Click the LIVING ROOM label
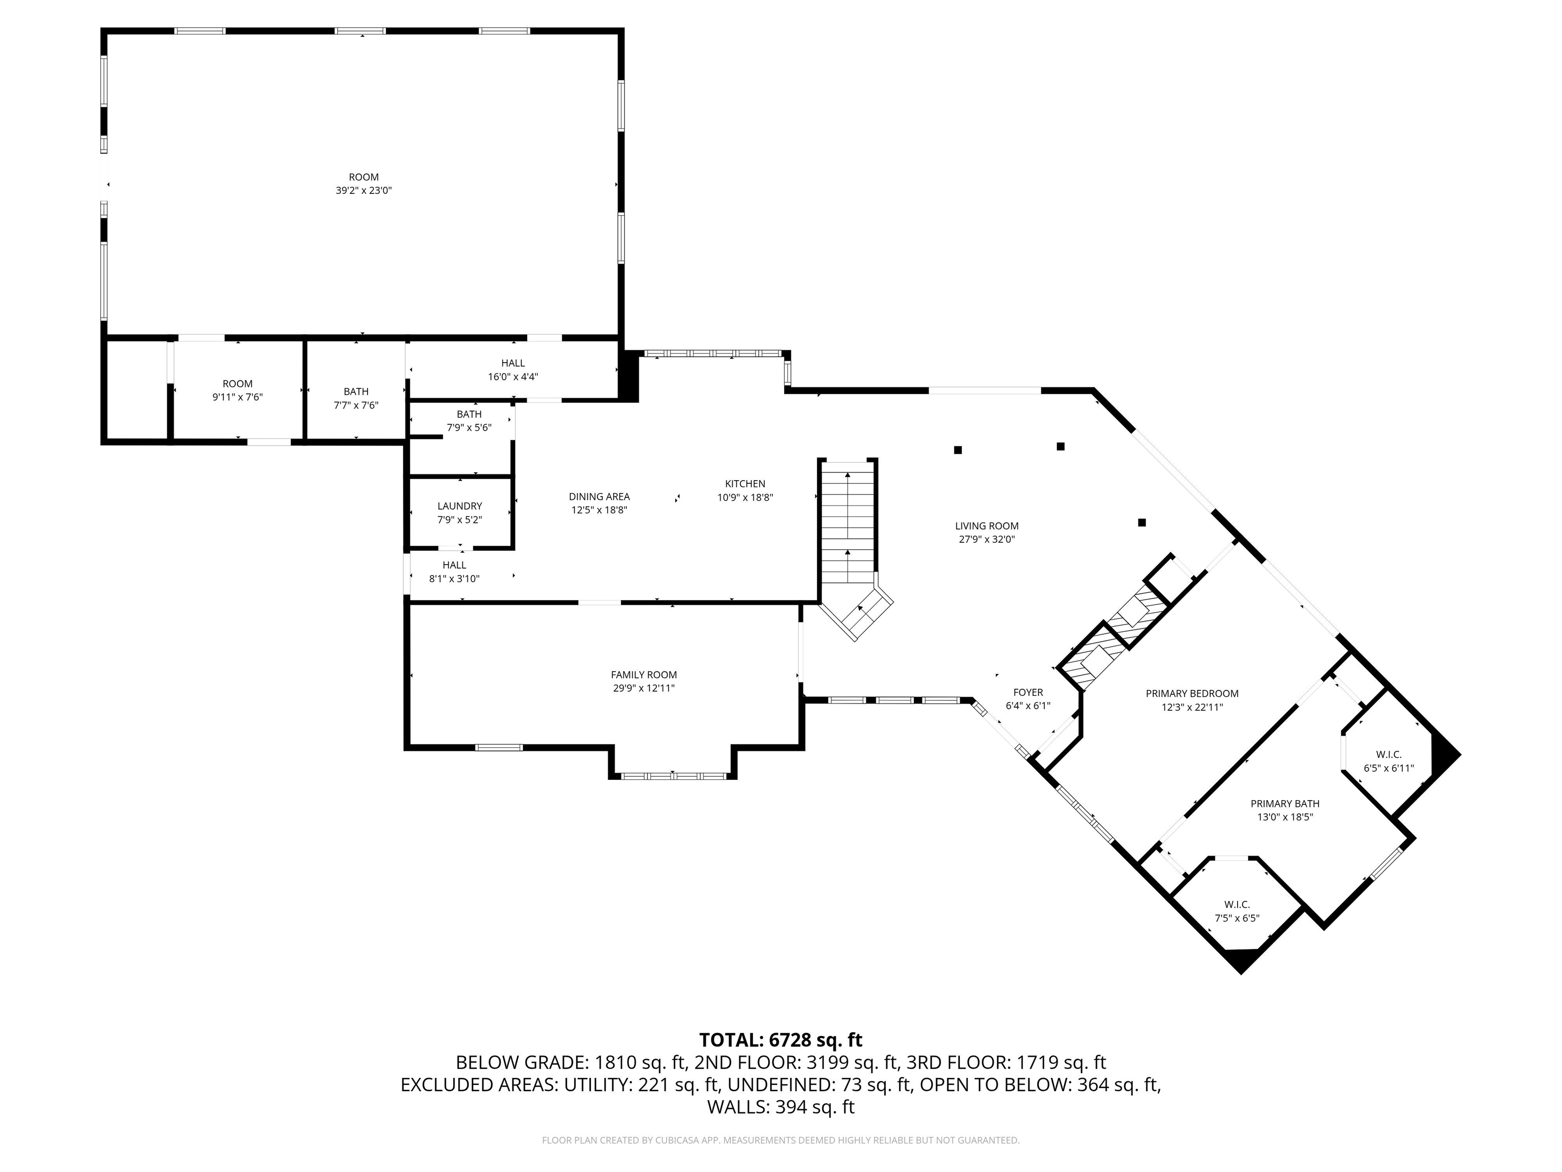coord(986,525)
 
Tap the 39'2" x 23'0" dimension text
coord(364,190)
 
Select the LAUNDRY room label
coord(460,506)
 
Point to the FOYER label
coord(1028,692)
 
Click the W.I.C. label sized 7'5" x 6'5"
coord(1237,904)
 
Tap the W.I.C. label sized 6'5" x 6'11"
coord(1388,754)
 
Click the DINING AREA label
coord(599,496)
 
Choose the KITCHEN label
coord(745,484)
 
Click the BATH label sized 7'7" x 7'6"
coord(356,391)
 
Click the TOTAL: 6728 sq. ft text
coord(780,1040)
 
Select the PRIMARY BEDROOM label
coord(1192,694)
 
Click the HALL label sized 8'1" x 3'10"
coord(454,565)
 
